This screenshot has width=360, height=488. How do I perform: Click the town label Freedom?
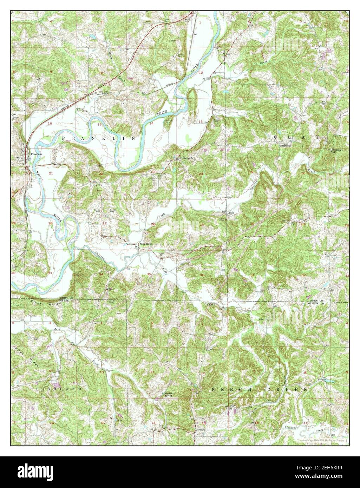(36, 154)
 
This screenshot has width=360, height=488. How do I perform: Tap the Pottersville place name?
(187, 158)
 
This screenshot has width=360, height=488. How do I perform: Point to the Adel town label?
(231, 213)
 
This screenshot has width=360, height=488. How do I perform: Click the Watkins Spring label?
(170, 395)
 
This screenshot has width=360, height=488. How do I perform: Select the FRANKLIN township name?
(99, 139)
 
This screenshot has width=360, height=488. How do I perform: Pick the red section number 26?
(153, 224)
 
